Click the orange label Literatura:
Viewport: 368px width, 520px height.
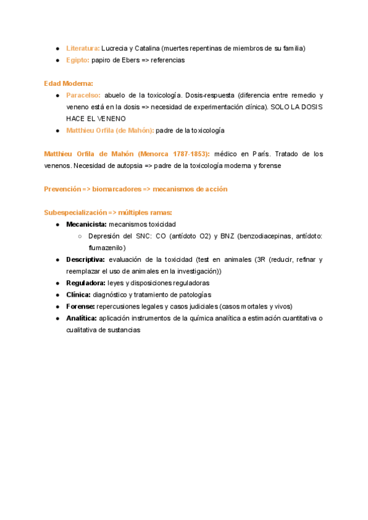point(83,48)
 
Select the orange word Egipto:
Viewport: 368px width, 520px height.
point(78,60)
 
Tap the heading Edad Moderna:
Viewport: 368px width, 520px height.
point(69,83)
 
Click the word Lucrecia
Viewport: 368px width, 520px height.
point(115,48)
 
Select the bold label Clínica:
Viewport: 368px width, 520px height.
point(79,294)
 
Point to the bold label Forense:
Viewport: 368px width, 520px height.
point(80,306)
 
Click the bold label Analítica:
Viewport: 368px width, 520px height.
point(82,318)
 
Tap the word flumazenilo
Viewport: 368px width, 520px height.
point(107,248)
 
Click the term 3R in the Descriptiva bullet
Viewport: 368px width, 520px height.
point(261,259)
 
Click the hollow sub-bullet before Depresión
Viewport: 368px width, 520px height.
point(80,236)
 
